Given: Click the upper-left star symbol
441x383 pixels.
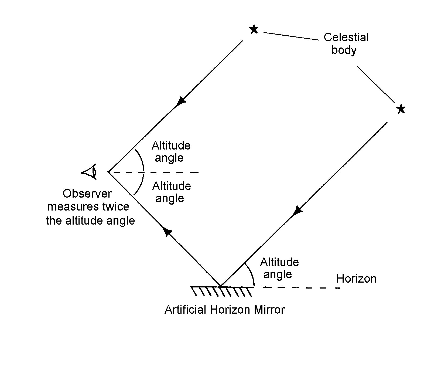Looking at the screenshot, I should point(254,29).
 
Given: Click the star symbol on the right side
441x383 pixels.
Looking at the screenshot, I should point(401,109).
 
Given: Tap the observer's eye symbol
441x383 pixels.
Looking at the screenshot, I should point(90,172).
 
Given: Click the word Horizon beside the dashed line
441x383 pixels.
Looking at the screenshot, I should point(356,279).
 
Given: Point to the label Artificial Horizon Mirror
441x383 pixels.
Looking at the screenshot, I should point(224,310).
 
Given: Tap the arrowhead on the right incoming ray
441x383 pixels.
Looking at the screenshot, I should point(297,210).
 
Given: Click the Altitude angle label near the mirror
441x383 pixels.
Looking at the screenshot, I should point(279,268).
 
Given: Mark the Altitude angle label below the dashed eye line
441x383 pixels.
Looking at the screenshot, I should point(171,192).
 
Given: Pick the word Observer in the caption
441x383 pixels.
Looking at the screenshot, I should point(87,194).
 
